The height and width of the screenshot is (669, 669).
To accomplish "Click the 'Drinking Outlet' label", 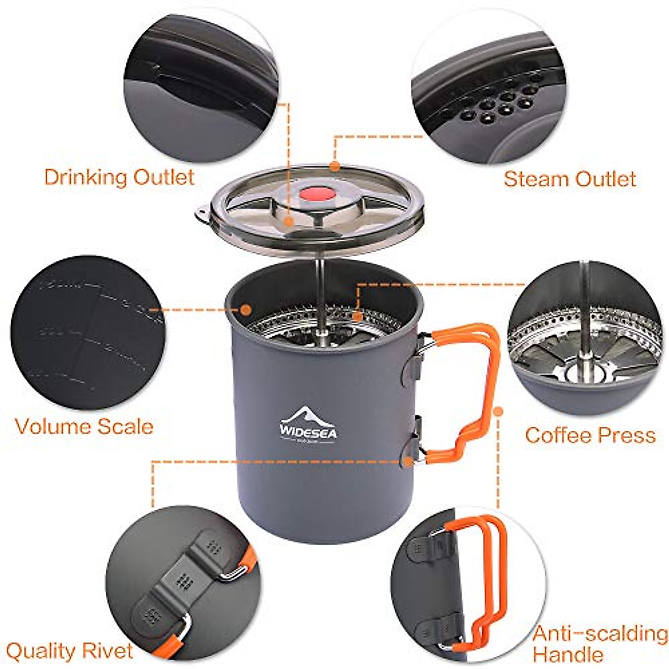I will pos(119,177).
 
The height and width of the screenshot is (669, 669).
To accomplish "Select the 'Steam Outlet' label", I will pos(569,179).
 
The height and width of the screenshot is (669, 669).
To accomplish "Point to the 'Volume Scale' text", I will pos(84,426).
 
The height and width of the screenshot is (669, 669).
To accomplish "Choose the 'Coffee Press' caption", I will pos(590,435).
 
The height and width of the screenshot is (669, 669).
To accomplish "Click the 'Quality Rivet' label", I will pos(70,650).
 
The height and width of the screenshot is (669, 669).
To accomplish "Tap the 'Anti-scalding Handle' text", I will pos(599,643).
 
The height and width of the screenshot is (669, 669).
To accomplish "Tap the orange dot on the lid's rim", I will pos(334,166).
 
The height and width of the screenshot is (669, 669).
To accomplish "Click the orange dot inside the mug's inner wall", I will pos(245,308).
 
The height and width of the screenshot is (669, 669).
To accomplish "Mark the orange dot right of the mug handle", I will pos(498,412).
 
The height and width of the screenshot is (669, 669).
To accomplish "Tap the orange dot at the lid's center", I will pos(288,221).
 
